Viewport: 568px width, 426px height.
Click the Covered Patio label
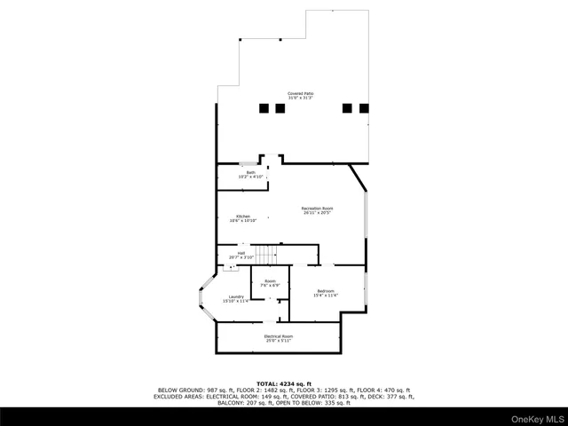pyautogui.click(x=300, y=95)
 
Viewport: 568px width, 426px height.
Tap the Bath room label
pyautogui.click(x=251, y=174)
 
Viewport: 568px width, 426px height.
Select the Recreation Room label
pyautogui.click(x=317, y=210)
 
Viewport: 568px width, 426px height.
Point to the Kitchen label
pyautogui.click(x=242, y=217)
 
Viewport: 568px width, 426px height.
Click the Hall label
pyautogui.click(x=241, y=255)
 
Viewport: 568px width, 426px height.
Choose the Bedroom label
pyautogui.click(x=326, y=293)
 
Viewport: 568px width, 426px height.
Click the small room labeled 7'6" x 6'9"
pyautogui.click(x=270, y=284)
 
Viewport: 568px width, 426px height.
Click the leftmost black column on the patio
pyautogui.click(x=264, y=108)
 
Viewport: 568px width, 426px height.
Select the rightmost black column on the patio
pyautogui.click(x=364, y=108)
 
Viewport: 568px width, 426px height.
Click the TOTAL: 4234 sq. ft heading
pyautogui.click(x=283, y=383)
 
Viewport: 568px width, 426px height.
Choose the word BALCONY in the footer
pyautogui.click(x=231, y=403)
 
